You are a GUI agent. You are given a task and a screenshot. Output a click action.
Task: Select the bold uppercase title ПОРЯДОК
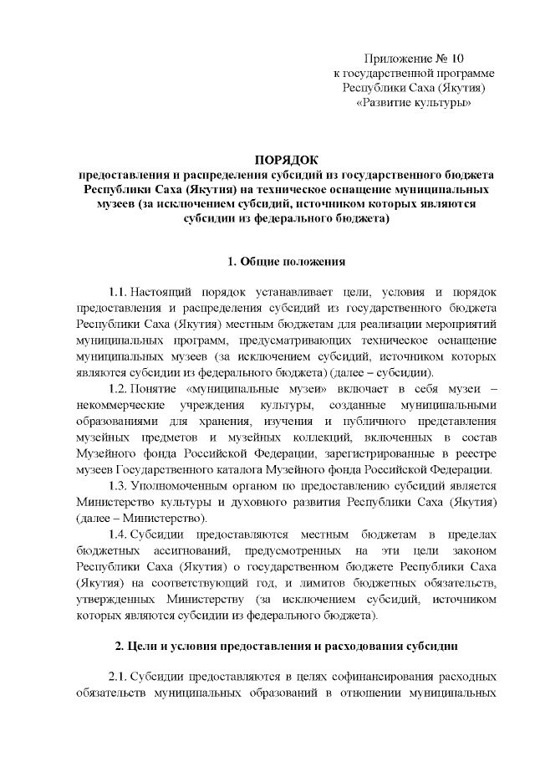click(287, 159)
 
